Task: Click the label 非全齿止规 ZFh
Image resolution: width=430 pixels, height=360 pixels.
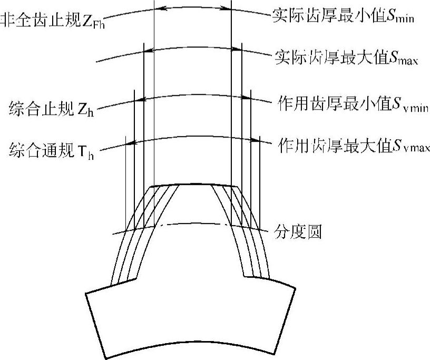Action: point(53,21)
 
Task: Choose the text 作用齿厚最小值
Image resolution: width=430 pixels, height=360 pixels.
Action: point(332,102)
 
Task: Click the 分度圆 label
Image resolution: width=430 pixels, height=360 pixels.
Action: point(299,231)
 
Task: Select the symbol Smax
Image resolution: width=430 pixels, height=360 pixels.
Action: point(403,57)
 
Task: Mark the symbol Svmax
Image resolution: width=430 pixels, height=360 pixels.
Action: point(408,146)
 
